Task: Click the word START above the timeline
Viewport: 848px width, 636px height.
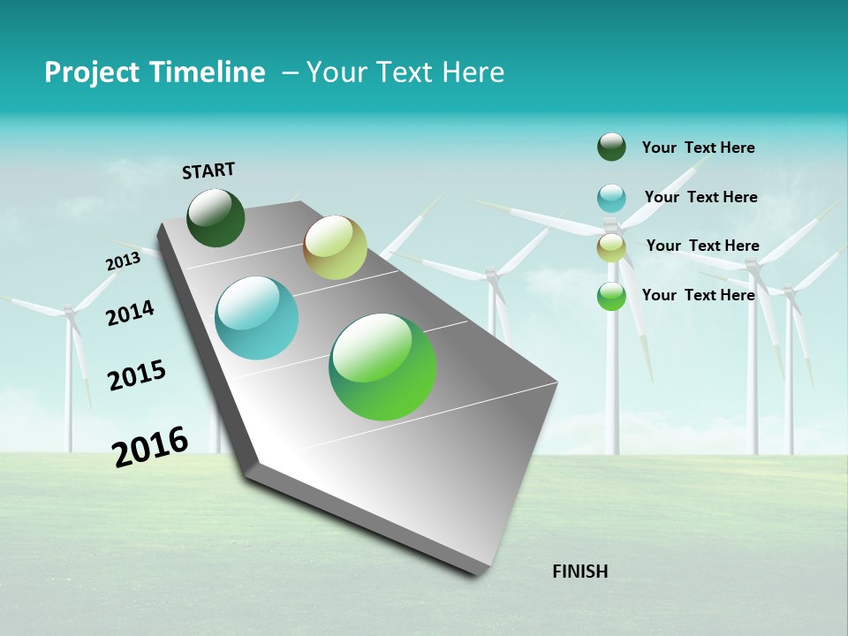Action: (x=208, y=170)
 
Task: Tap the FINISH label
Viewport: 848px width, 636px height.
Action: (x=579, y=572)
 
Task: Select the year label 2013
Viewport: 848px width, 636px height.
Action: (x=123, y=261)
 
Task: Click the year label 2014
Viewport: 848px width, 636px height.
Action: (x=130, y=313)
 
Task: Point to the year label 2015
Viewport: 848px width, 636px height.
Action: (x=137, y=375)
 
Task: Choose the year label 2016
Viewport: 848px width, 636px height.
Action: (x=150, y=446)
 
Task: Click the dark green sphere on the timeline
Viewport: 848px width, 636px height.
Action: (x=216, y=217)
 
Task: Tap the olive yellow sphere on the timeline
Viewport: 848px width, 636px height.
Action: (x=335, y=247)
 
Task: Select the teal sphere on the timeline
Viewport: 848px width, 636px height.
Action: (x=257, y=318)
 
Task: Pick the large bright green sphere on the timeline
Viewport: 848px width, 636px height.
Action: (x=382, y=367)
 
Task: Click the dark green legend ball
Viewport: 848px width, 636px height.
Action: (x=611, y=147)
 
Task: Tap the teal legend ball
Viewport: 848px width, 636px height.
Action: (x=611, y=198)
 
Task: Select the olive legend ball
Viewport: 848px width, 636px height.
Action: (x=611, y=247)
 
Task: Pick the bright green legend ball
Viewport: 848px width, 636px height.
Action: (x=611, y=296)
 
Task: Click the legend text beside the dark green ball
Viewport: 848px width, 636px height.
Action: (x=698, y=148)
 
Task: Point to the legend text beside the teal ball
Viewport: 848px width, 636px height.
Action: (x=700, y=197)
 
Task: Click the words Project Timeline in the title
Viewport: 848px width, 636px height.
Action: (x=155, y=72)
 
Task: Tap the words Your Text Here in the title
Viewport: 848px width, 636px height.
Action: (x=405, y=72)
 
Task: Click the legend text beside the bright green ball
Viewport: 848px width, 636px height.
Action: (x=698, y=295)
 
